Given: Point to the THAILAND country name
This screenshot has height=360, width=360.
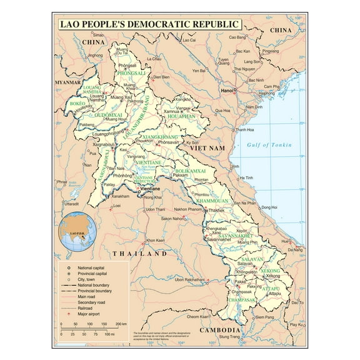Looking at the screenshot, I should (140, 254).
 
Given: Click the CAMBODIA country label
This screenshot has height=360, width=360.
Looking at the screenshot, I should (220, 330).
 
